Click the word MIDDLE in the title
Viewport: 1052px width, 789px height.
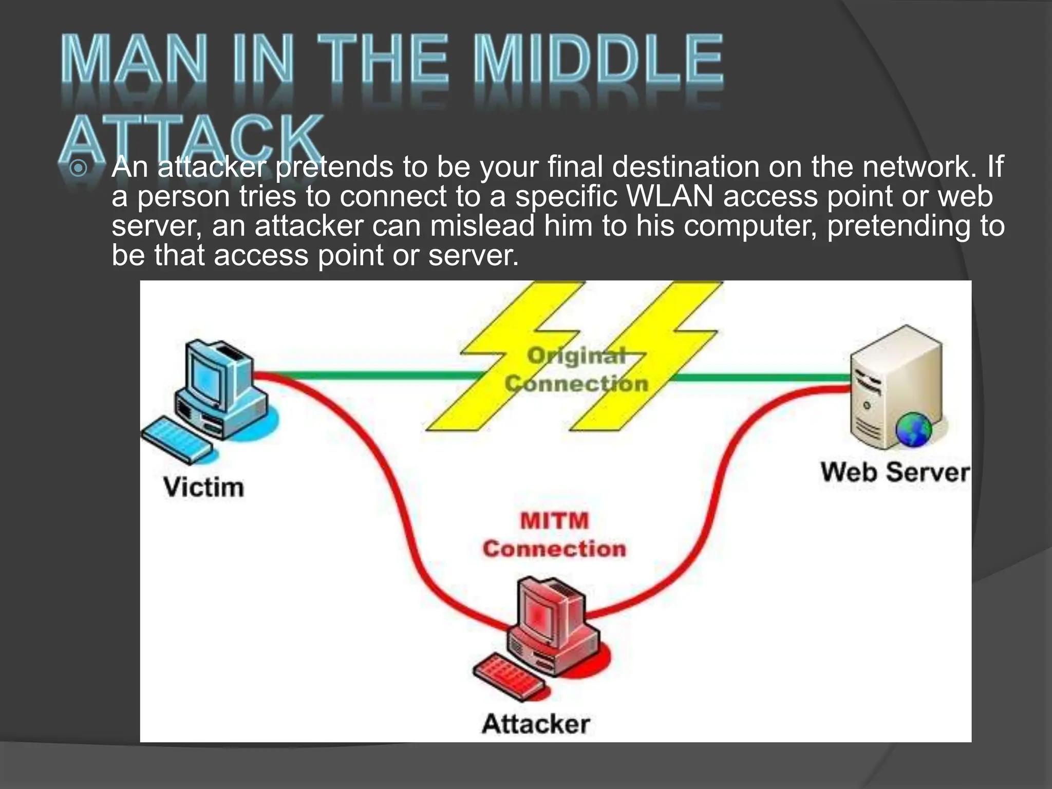[x=598, y=61]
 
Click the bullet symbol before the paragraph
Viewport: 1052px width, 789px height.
[x=78, y=167]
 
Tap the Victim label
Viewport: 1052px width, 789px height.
[x=203, y=487]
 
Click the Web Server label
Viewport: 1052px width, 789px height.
[x=895, y=472]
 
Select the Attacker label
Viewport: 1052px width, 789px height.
[x=536, y=724]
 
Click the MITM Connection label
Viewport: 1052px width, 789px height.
[x=554, y=535]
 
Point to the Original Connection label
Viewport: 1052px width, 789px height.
[x=576, y=369]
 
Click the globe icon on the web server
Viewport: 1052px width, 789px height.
[x=913, y=430]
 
